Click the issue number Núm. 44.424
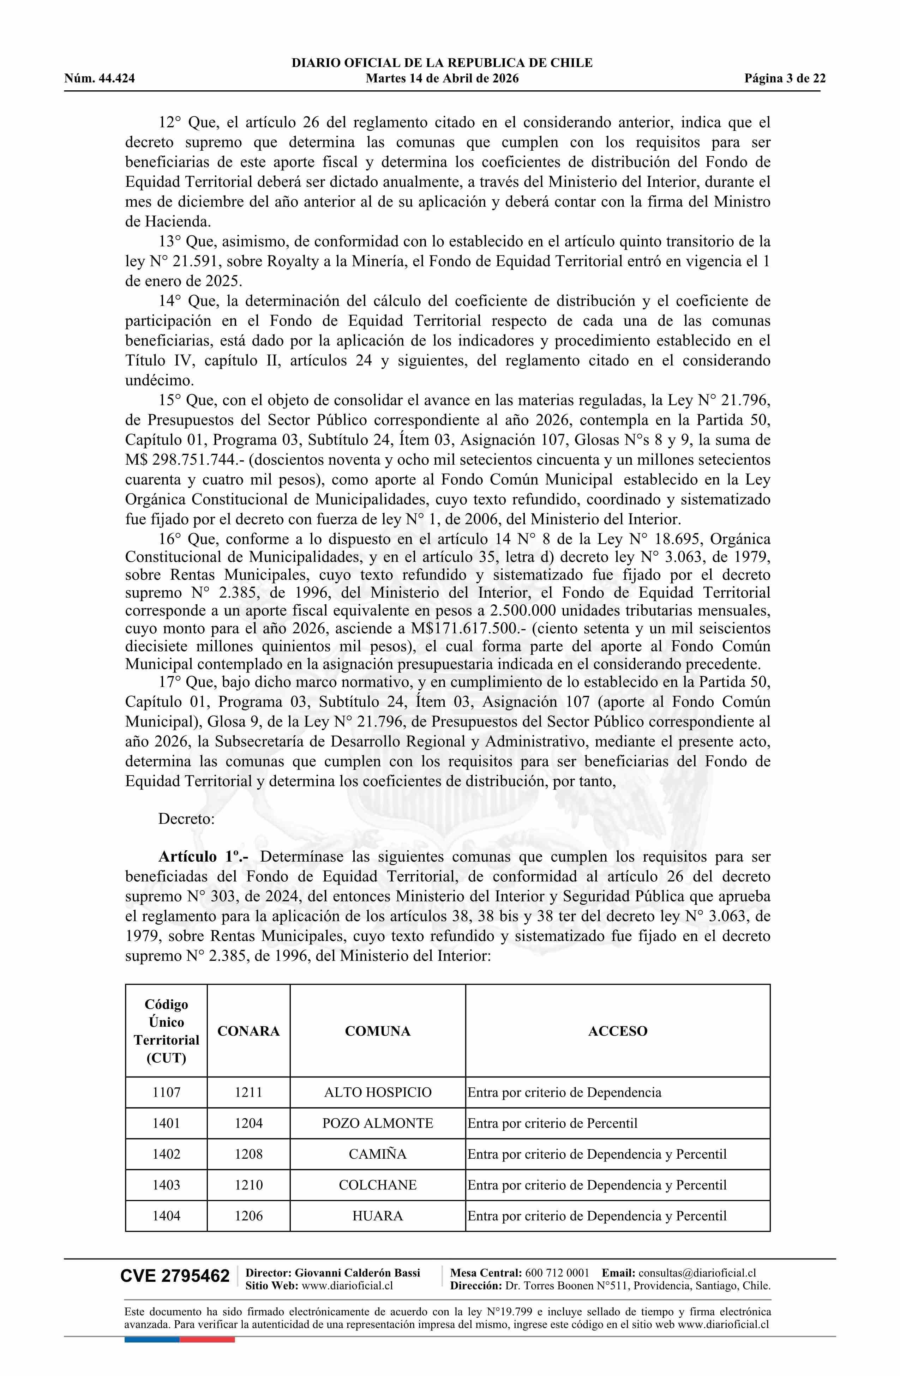(100, 79)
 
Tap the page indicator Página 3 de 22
(785, 79)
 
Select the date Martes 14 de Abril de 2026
(442, 79)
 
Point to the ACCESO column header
(617, 1031)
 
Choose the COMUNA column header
(378, 1031)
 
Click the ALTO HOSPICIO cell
(378, 1092)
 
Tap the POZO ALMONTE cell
(378, 1123)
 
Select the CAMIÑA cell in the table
(378, 1154)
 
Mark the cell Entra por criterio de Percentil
(552, 1123)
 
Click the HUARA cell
(378, 1216)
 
